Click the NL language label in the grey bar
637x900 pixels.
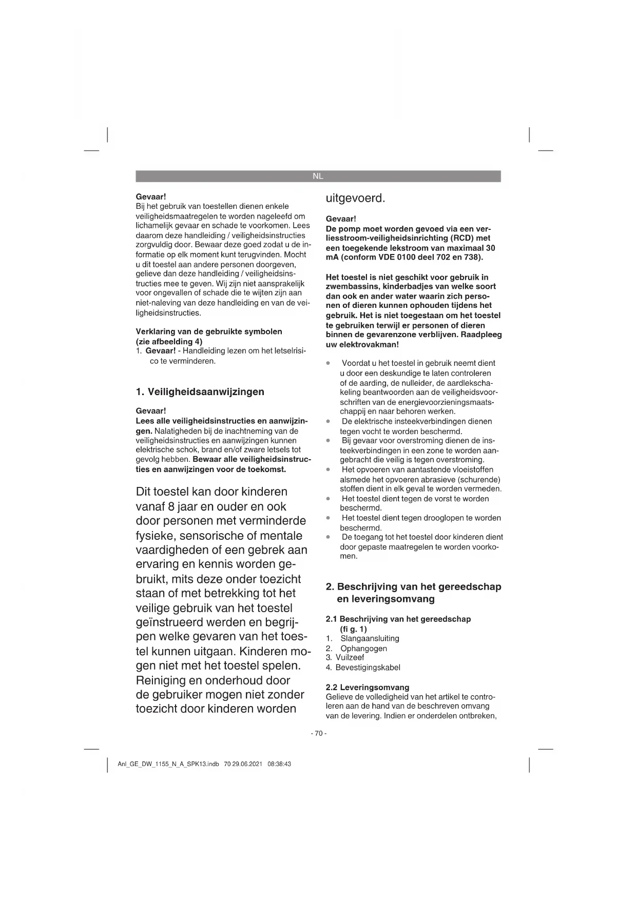318,176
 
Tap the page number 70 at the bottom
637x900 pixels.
318,733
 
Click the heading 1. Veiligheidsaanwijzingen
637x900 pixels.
200,392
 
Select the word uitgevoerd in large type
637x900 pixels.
355,198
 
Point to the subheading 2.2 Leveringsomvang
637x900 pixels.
368,687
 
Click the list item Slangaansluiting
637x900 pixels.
370,638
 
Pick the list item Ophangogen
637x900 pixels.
363,648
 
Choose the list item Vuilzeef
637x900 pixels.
350,657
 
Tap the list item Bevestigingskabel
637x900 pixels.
368,668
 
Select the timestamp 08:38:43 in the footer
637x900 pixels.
279,764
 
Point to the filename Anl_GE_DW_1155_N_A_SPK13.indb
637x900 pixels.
168,764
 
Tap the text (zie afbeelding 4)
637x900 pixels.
169,341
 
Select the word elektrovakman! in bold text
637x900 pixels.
369,344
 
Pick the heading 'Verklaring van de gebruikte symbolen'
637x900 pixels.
209,331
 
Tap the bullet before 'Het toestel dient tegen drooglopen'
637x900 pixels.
328,518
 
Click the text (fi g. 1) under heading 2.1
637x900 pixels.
353,629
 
